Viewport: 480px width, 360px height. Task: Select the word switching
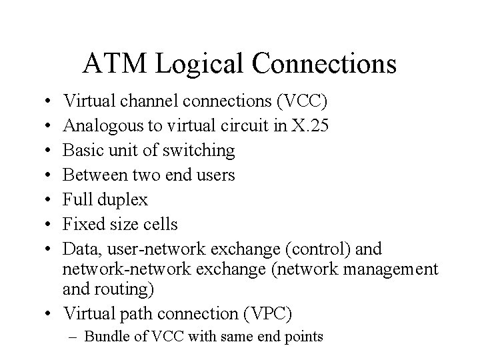pyautogui.click(x=203, y=151)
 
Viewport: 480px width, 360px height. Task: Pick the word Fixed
pyautogui.click(x=81, y=224)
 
